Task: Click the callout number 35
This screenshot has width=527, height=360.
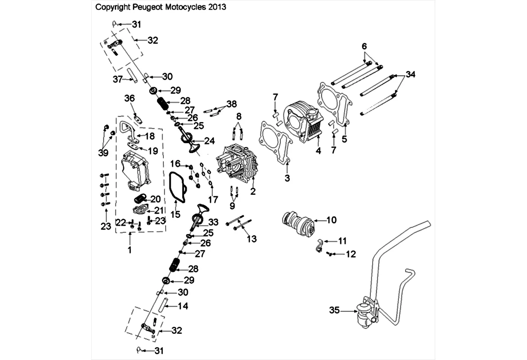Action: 334,310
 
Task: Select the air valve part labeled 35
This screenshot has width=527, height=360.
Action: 365,312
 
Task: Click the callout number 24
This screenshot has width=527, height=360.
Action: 209,141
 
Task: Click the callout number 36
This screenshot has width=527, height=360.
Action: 130,99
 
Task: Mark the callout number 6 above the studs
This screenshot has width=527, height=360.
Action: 364,46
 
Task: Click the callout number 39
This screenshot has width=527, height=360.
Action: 103,153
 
